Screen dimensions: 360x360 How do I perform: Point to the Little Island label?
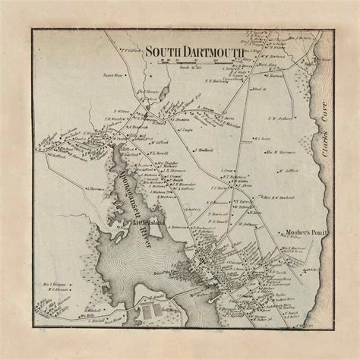pyautogui.click(x=142, y=223)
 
